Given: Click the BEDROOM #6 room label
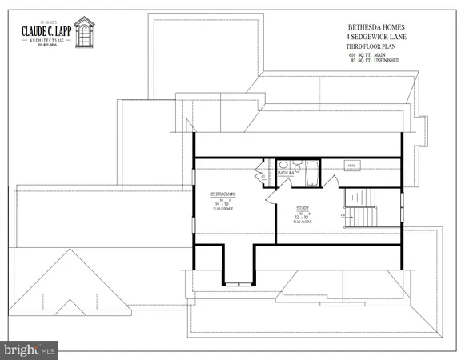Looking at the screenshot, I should [222, 194].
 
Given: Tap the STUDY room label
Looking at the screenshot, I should [303, 209].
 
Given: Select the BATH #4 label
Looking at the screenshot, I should [285, 172].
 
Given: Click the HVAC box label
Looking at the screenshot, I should [351, 166].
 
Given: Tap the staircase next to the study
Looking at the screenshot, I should [365, 210].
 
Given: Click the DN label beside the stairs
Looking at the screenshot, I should [343, 215].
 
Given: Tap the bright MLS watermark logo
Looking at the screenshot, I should [30, 349].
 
